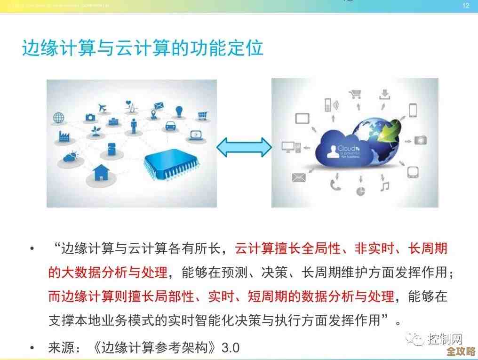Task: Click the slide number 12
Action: (466, 6)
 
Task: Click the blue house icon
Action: (101, 172)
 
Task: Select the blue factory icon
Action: (64, 136)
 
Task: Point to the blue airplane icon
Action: (104, 107)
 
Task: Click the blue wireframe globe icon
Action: (59, 117)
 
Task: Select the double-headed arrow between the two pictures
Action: (244, 148)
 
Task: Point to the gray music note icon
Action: (385, 186)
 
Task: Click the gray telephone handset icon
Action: (335, 185)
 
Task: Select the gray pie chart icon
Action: (361, 191)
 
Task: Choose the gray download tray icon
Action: (385, 95)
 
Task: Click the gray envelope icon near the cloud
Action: (299, 177)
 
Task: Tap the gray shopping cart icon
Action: (355, 94)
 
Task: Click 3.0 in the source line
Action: (231, 348)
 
